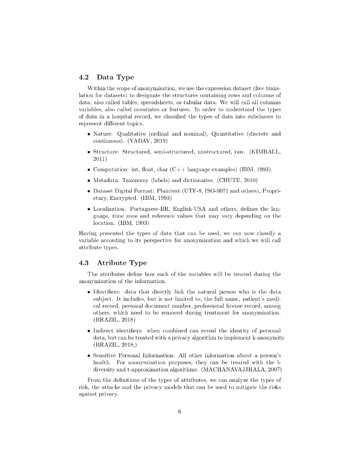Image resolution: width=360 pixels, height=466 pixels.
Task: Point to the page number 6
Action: point(180,411)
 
